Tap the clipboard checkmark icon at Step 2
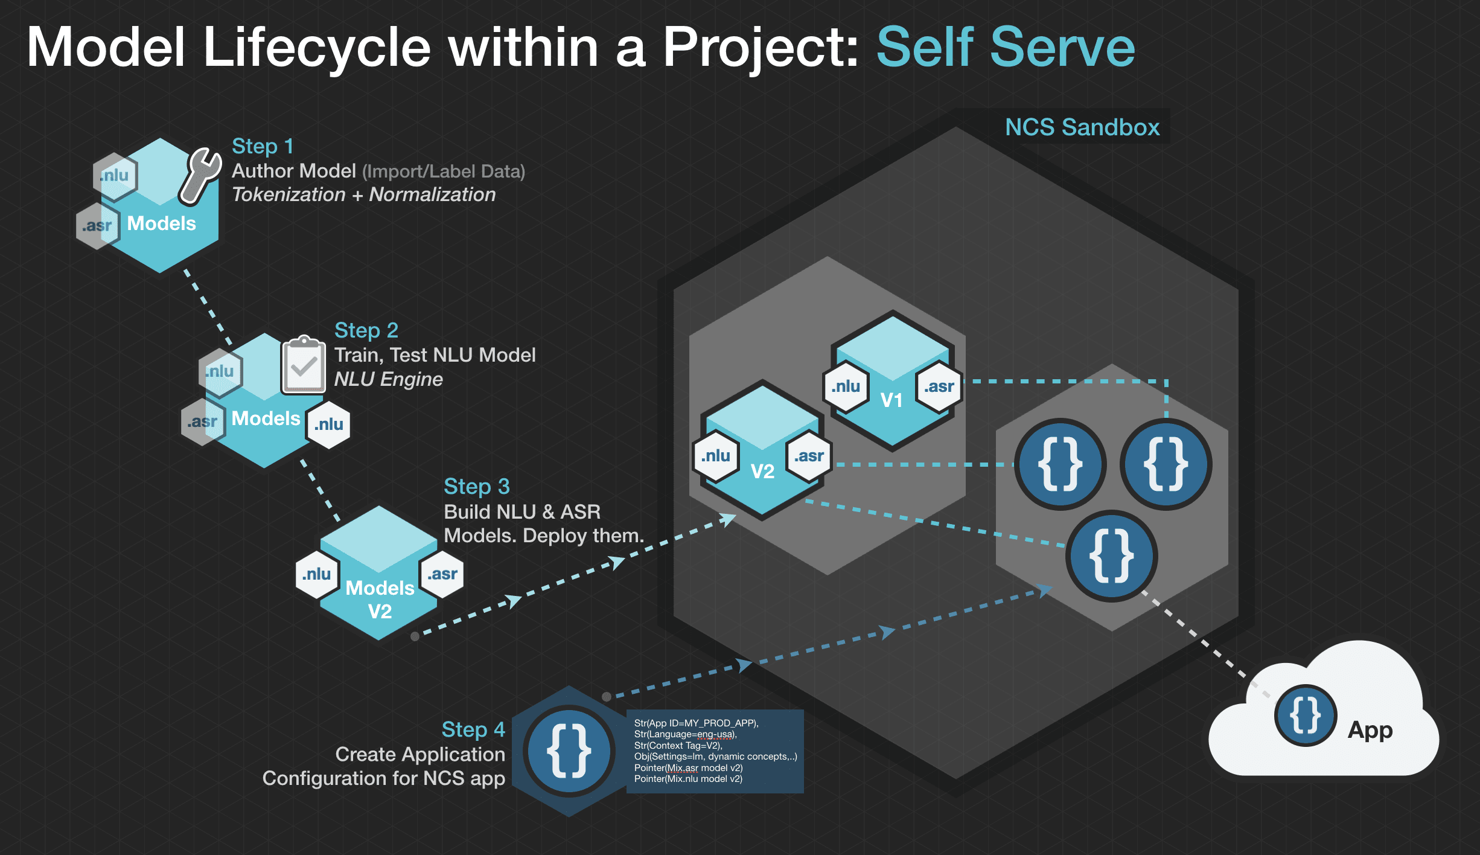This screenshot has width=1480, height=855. pos(303,365)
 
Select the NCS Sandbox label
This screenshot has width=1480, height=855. pos(1082,127)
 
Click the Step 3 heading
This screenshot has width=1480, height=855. pos(477,487)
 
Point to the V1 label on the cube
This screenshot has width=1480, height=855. pos(891,400)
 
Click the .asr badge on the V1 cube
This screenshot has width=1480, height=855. pos(939,387)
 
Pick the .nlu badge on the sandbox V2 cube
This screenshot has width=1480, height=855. pos(716,456)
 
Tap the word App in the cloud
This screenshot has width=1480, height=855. pos(1370,730)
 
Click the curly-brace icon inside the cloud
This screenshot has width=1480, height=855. pos(1305,716)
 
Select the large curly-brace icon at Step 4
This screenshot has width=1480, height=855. pos(569,751)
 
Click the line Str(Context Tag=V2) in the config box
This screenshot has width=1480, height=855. pos(678,746)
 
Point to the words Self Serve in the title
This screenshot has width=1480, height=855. pos(1006,47)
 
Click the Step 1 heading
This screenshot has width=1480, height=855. pos(263,147)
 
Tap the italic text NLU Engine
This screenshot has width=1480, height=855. pos(388,379)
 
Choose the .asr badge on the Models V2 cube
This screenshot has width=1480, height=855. pos(442,574)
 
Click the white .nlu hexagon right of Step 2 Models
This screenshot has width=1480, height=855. pos(328,424)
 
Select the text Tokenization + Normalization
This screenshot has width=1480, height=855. pos(363,195)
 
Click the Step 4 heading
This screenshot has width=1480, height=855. pos(473,730)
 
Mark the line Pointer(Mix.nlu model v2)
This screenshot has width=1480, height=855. pos(688,779)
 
